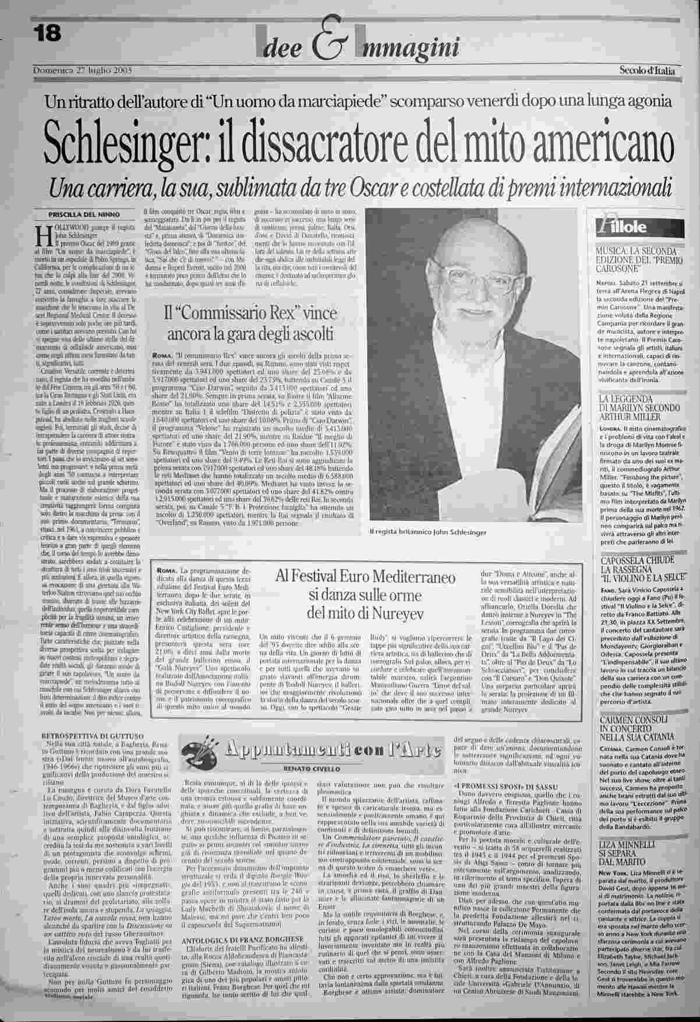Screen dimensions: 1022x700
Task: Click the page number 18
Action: coord(46,35)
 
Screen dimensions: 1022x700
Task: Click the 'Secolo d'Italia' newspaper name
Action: coord(646,71)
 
